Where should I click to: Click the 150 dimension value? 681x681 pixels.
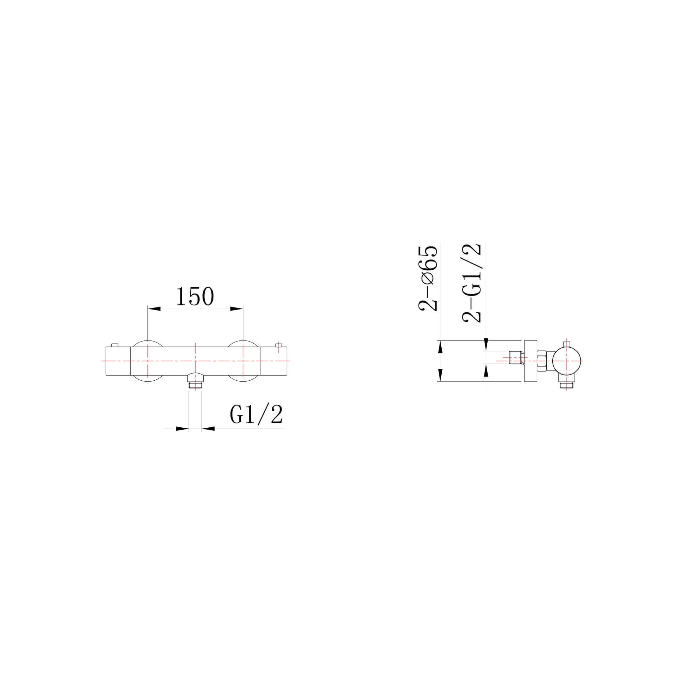(195, 297)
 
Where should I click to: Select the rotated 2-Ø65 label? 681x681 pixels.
(428, 279)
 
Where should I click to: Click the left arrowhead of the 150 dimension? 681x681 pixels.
(154, 309)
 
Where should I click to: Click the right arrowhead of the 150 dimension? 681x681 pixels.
(237, 309)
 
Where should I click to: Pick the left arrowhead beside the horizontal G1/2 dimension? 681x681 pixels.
(182, 429)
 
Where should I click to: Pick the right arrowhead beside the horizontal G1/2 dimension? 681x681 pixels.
(209, 429)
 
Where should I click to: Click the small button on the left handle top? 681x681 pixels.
(114, 345)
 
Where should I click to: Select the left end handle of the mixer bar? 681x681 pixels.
(118, 361)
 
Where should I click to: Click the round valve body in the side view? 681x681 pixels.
(567, 361)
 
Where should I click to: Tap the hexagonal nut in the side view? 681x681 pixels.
(542, 361)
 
